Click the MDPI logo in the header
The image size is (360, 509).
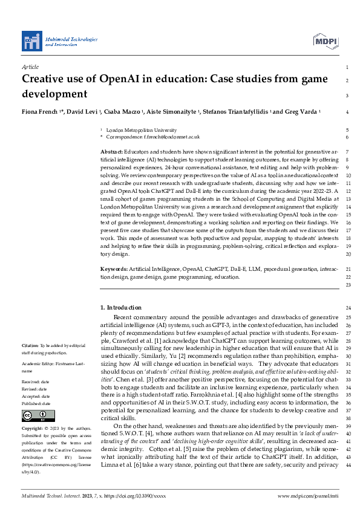tap(325, 41)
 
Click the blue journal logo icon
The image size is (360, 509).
tap(31, 41)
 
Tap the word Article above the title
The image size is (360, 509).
tap(30, 67)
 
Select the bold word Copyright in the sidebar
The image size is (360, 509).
tap(34, 427)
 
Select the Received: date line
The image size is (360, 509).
tap(37, 382)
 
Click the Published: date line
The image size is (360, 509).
tap(38, 403)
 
